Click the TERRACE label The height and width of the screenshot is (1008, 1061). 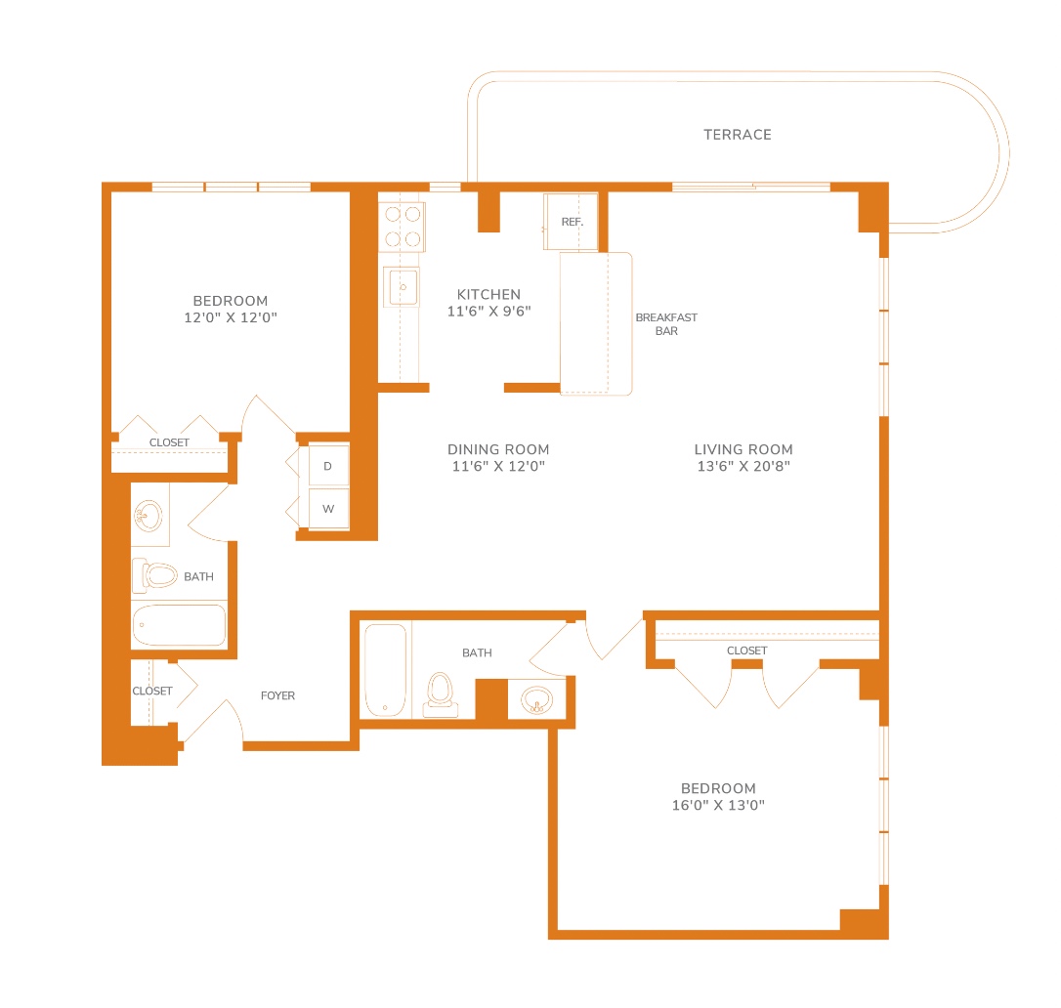click(737, 135)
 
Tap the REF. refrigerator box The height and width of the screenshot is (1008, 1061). click(572, 222)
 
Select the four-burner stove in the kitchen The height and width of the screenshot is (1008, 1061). click(402, 227)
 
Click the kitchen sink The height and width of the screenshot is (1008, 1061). click(402, 287)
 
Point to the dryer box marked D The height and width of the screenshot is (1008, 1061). click(329, 466)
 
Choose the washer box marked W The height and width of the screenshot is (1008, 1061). click(329, 508)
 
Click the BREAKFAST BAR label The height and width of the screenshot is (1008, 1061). click(666, 324)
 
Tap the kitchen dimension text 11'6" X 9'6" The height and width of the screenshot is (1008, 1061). click(488, 312)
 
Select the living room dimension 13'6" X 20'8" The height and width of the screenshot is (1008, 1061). click(743, 466)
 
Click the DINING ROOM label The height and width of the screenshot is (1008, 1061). click(498, 449)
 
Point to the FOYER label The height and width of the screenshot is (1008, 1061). click(277, 695)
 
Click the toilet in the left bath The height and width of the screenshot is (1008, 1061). click(155, 575)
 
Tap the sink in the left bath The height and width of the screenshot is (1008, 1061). click(149, 516)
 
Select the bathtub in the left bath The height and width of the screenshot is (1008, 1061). click(180, 625)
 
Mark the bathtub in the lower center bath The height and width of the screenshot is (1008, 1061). click(386, 670)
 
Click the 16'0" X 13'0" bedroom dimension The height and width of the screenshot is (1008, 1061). click(718, 805)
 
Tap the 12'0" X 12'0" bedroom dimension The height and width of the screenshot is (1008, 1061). click(231, 317)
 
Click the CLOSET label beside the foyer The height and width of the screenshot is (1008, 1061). click(152, 691)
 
